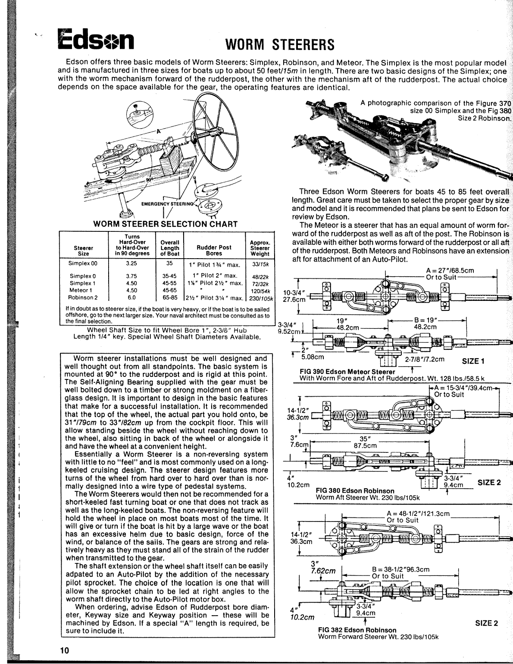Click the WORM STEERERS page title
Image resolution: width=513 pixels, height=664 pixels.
(280, 44)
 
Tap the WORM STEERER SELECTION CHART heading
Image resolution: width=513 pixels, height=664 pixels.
(166, 224)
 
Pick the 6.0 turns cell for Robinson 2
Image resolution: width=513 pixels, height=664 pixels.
(131, 297)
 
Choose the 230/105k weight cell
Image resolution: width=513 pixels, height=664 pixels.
(260, 298)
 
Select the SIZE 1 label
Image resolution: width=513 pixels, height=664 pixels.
(473, 361)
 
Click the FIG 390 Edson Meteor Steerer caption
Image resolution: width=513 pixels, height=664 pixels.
(347, 371)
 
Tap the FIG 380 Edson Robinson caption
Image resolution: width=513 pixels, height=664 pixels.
(355, 490)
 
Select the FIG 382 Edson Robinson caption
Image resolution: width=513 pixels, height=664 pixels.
(357, 630)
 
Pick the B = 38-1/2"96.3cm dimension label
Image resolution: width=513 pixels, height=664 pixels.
(400, 569)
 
